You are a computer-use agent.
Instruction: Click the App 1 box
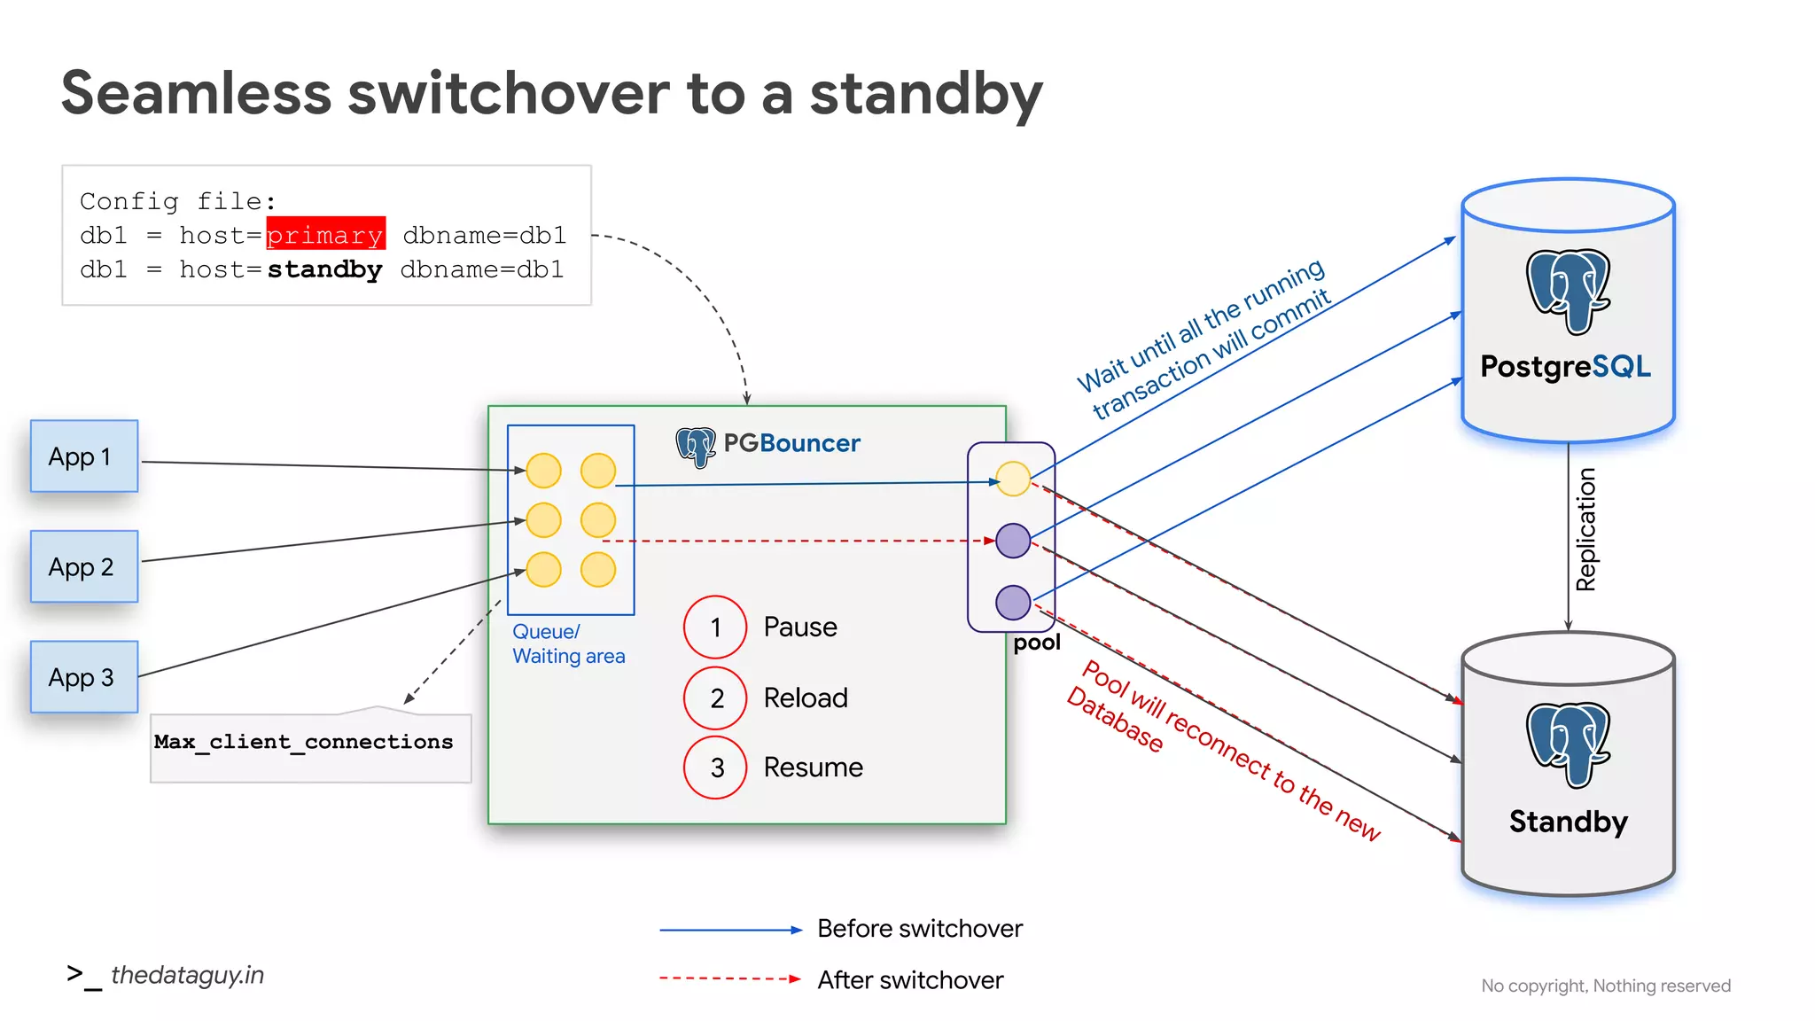(84, 456)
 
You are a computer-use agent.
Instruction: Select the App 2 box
(84, 566)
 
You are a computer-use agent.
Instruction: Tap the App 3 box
(84, 677)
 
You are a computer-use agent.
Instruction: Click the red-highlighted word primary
(325, 235)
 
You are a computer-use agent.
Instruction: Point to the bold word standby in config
(325, 269)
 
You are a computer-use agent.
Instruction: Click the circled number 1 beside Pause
(715, 627)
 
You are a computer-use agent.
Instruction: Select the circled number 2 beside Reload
(715, 698)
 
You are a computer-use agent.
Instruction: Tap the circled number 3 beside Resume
(715, 768)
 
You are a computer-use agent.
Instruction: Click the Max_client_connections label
(304, 742)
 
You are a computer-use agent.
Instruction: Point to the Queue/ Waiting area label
(568, 644)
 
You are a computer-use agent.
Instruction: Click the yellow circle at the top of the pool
(1013, 479)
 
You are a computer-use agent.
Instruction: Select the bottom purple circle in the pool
(1013, 603)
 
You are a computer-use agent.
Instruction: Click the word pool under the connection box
(1037, 643)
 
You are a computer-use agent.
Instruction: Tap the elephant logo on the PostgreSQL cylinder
(1568, 292)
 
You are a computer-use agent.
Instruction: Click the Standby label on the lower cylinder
(1568, 822)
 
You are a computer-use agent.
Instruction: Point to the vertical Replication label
(1585, 530)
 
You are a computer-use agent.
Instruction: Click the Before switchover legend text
(919, 929)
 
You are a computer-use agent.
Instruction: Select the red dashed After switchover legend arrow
(730, 979)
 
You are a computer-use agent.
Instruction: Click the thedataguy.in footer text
(187, 975)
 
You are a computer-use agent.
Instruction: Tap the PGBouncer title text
(791, 443)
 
